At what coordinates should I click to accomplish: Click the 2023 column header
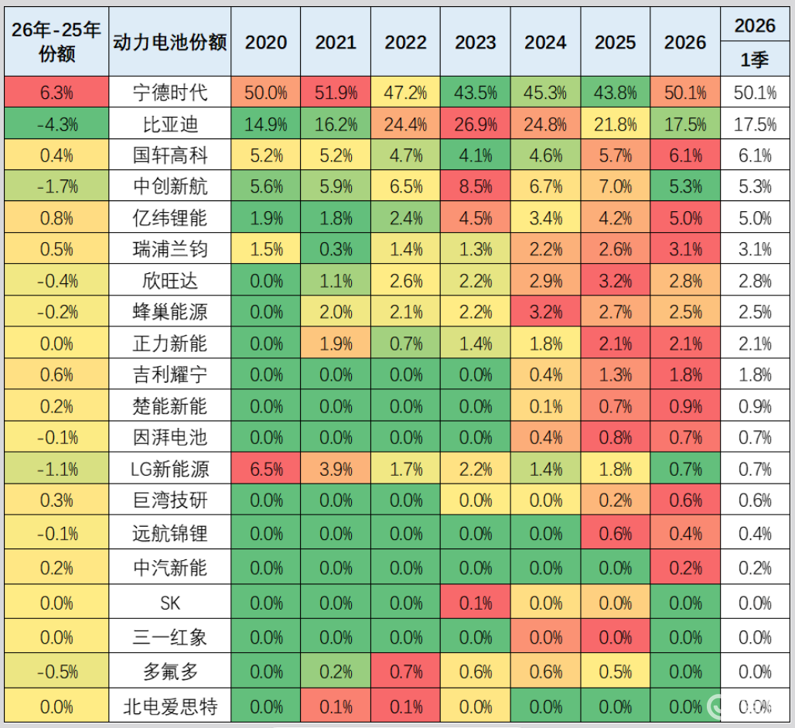coord(475,43)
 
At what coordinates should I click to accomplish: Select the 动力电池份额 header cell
coord(169,43)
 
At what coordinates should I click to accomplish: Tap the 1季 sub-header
coord(755,60)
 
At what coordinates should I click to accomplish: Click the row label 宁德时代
coord(169,93)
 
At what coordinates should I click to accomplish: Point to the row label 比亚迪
coord(169,125)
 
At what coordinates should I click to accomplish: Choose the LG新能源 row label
coord(169,469)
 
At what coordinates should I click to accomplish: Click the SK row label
coord(169,601)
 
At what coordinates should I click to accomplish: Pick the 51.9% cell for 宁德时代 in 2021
coord(336,93)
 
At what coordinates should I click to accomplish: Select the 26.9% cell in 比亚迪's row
coord(475,125)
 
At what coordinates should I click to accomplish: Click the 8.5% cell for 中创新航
coord(475,186)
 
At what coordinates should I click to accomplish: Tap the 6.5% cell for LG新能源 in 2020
coord(265,469)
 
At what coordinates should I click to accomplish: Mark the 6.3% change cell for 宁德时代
coord(56,93)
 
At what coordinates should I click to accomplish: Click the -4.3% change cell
coord(56,125)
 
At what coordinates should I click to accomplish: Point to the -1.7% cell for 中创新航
coord(56,186)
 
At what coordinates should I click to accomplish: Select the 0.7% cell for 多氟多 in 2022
coord(405,671)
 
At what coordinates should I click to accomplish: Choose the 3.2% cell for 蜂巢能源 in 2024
coord(545,312)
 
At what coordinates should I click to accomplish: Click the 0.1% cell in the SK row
coord(475,601)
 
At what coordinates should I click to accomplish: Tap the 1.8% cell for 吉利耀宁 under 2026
coord(684,375)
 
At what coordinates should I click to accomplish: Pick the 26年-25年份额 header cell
coord(56,43)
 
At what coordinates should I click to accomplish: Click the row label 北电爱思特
coord(169,706)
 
